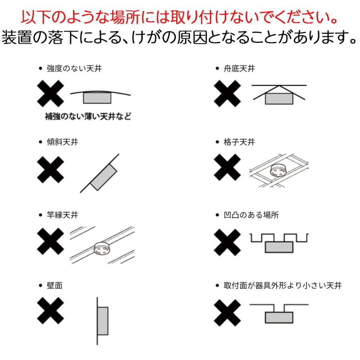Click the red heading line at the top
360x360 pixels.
180,17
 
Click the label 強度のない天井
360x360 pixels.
74,68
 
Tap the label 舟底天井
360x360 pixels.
239,68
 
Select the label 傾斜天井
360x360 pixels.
62,142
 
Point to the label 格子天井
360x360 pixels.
239,142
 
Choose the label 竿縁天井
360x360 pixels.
62,215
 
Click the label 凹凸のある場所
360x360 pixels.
251,215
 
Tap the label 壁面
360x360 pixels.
55,285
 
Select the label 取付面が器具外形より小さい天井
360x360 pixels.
283,285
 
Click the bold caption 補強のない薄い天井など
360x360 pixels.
88,116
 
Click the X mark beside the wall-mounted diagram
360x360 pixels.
50,311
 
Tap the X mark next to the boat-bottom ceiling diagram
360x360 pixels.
227,94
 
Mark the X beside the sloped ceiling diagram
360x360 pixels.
50,170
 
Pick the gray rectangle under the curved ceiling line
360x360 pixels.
97,98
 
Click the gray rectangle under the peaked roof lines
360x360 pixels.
279,99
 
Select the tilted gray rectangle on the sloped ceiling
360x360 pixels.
104,177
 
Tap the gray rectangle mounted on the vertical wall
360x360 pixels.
103,321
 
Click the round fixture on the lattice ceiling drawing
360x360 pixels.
278,170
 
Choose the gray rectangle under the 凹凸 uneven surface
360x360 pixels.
279,247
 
